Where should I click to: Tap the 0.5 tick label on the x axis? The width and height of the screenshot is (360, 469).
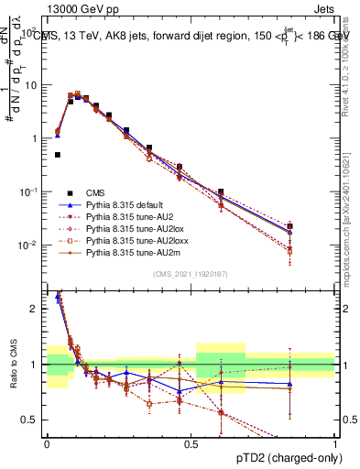click(x=191, y=443)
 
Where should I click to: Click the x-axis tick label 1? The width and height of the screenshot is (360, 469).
click(x=334, y=443)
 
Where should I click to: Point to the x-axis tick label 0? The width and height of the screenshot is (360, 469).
click(x=47, y=443)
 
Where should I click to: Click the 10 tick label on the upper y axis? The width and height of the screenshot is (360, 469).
click(x=31, y=85)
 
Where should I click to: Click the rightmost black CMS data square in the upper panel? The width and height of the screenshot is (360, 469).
click(x=289, y=225)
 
